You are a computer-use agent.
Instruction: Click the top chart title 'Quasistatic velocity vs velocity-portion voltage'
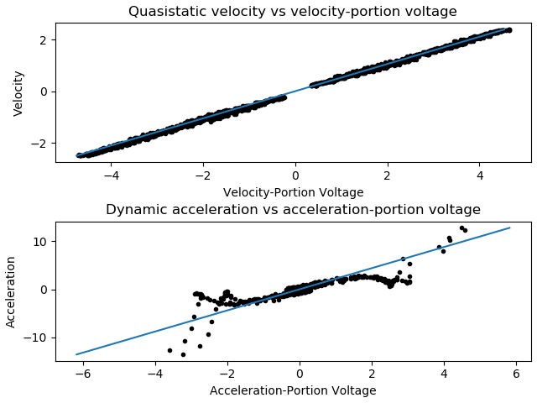click(x=292, y=12)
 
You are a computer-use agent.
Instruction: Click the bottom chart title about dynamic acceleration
click(x=292, y=210)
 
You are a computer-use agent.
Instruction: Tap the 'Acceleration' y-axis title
click(x=12, y=291)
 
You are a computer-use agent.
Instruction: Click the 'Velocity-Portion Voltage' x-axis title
click(x=293, y=192)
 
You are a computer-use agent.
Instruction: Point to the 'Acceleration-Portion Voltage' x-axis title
click(x=293, y=390)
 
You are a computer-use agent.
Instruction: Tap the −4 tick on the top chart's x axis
click(x=108, y=176)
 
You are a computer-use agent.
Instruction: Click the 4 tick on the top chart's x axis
click(x=480, y=176)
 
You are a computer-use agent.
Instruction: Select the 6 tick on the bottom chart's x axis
click(x=516, y=374)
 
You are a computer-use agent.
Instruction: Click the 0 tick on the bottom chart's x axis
click(x=300, y=374)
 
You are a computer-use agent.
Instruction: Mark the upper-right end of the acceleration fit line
click(x=509, y=228)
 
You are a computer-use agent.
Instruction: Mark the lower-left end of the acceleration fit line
click(x=76, y=354)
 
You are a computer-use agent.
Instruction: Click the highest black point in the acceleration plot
click(x=461, y=228)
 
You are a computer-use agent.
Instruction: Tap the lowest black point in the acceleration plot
click(x=183, y=354)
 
